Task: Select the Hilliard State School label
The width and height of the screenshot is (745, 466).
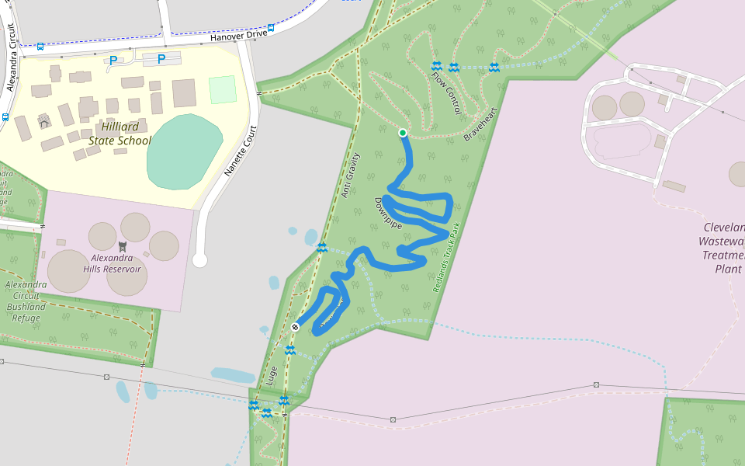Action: tap(120, 134)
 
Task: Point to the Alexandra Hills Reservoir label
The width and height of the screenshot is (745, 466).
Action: tap(116, 263)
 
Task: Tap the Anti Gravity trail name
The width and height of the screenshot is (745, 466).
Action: tap(351, 176)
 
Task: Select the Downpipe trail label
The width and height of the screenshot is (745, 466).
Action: tap(388, 212)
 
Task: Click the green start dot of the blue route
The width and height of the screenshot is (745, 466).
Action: tap(403, 133)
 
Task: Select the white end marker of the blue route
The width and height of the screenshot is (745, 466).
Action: tap(295, 327)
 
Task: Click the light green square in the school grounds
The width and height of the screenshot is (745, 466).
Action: tap(222, 89)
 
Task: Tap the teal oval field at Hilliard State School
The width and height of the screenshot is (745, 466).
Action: tap(184, 151)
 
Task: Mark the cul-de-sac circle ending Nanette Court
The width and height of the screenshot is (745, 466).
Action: tap(199, 259)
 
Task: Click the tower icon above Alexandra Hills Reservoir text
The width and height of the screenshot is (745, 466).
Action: tap(121, 244)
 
